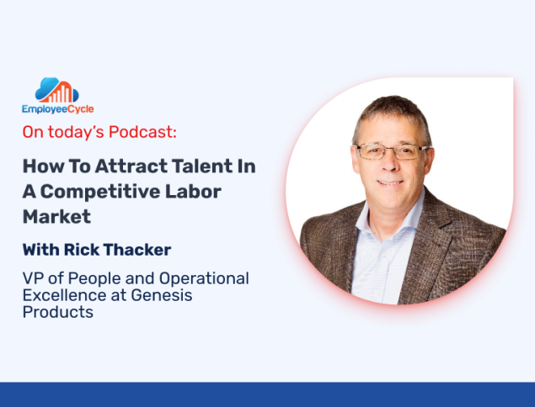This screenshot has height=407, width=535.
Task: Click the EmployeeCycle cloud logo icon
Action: pyautogui.click(x=57, y=90)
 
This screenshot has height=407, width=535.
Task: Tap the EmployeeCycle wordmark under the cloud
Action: pyautogui.click(x=57, y=109)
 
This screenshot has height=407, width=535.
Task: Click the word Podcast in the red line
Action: pyautogui.click(x=142, y=132)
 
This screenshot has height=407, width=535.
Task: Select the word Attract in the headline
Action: pyautogui.click(x=131, y=166)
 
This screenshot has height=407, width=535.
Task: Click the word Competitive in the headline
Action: pyautogui.click(x=100, y=192)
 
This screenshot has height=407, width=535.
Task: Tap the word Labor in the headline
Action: pyautogui.click(x=193, y=192)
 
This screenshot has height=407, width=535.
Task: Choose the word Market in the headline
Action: pyautogui.click(x=56, y=217)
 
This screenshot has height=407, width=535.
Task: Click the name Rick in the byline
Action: pyautogui.click(x=81, y=250)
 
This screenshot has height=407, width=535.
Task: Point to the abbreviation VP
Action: pyautogui.click(x=33, y=278)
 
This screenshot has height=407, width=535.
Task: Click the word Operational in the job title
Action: pyautogui.click(x=204, y=278)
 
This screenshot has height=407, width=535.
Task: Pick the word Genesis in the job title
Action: pyautogui.click(x=162, y=295)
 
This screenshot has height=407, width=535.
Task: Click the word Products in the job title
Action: pyautogui.click(x=57, y=312)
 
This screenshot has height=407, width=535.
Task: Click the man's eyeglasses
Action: pyautogui.click(x=392, y=151)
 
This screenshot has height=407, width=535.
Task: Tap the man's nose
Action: pyautogui.click(x=390, y=163)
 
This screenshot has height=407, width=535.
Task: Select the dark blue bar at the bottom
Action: pyautogui.click(x=268, y=394)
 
